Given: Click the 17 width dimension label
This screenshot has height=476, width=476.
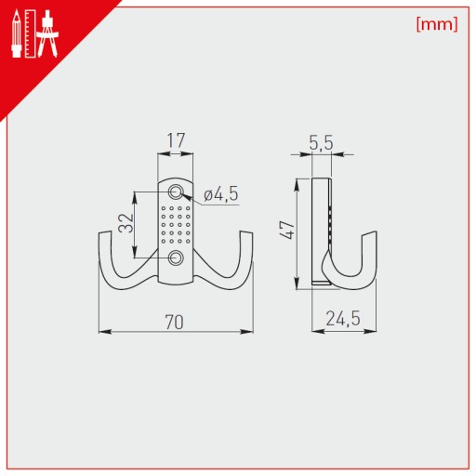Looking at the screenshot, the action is click(176, 140).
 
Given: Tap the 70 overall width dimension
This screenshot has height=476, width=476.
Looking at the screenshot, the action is click(175, 322).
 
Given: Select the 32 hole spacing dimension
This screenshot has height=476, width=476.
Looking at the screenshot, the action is click(126, 222).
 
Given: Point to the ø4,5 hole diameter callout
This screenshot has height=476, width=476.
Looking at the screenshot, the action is click(221, 194).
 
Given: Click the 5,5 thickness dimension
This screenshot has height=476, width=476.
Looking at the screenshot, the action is click(321, 142).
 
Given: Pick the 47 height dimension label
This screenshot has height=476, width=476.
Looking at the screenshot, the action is click(286, 230).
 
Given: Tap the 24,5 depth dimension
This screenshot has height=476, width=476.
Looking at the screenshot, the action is click(343, 319).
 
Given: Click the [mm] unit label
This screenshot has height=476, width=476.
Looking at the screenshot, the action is click(437, 24).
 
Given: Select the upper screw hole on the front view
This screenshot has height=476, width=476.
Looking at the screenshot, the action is click(176, 192).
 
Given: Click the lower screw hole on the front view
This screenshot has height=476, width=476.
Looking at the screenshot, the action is click(176, 258).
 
